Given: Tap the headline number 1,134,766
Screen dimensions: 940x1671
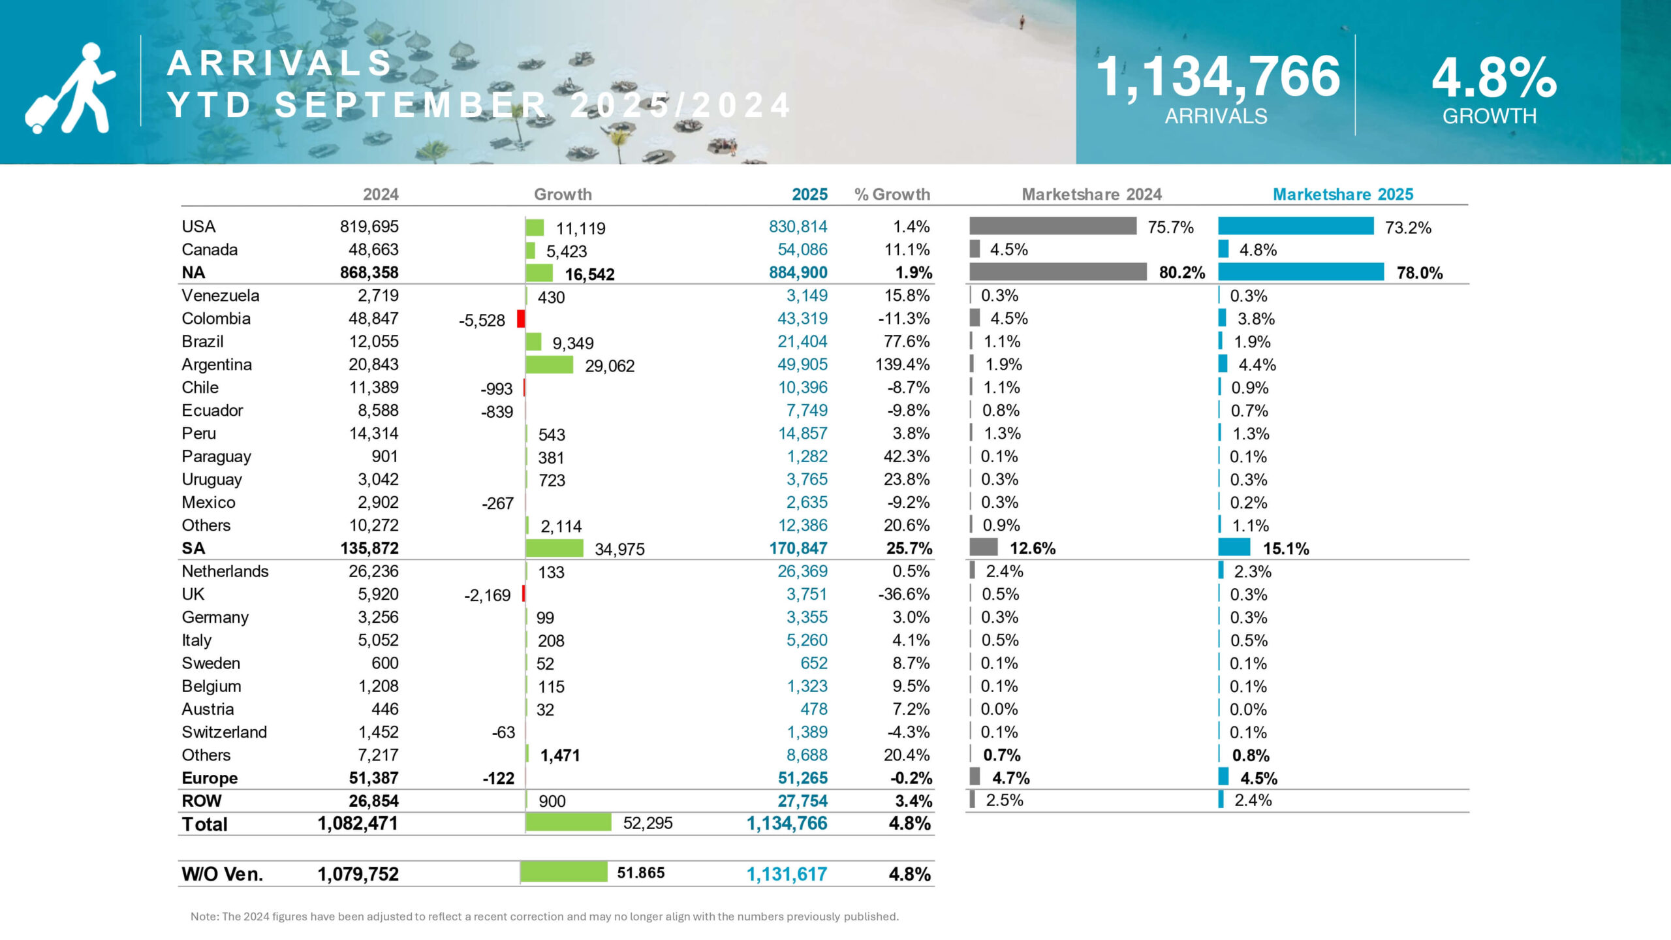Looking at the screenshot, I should click(1217, 77).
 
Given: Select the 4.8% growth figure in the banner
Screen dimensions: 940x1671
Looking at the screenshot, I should click(1494, 78).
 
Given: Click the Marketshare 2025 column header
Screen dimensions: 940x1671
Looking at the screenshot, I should click(1343, 195).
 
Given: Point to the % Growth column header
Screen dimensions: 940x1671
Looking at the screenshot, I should click(892, 195).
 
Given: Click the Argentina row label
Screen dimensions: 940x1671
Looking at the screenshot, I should click(217, 364).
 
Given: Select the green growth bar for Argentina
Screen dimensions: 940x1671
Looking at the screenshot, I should click(549, 364).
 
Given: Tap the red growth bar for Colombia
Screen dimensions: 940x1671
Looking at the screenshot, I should click(521, 319).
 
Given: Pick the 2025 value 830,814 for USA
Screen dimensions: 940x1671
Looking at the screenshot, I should click(798, 227).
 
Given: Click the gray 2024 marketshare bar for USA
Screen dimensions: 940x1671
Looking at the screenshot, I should click(1052, 226).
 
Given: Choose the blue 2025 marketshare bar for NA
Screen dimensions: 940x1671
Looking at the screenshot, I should click(1300, 272).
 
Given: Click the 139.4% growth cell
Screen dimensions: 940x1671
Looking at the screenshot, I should click(902, 364).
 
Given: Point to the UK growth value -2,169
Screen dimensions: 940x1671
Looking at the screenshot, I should click(487, 595).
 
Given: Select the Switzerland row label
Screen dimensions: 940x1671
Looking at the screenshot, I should click(224, 732).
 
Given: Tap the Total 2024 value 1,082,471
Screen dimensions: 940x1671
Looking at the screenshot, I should click(358, 823).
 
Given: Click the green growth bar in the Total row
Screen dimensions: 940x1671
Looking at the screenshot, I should click(568, 822).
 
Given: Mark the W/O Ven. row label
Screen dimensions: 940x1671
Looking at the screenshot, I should click(222, 874).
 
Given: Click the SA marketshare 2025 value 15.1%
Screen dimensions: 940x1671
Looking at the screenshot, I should click(1286, 548).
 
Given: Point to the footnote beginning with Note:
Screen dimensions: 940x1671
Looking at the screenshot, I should click(544, 916).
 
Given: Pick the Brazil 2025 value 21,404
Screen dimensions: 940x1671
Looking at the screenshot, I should click(802, 341).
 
